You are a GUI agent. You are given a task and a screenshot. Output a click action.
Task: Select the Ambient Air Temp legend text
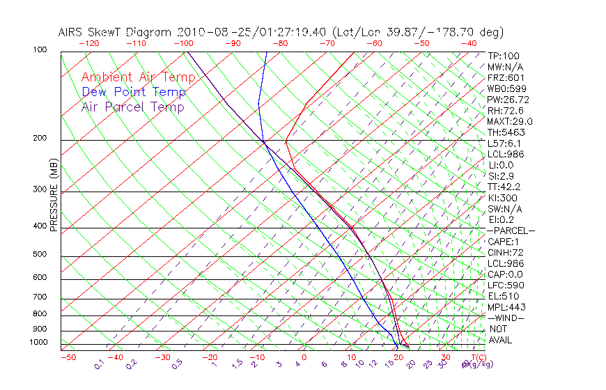click(x=138, y=77)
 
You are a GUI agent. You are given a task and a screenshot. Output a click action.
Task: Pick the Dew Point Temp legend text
click(x=134, y=92)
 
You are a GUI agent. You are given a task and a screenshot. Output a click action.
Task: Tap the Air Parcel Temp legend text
click(x=132, y=107)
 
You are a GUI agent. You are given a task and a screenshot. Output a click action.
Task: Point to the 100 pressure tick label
click(x=40, y=50)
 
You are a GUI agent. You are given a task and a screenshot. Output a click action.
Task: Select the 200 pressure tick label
click(x=40, y=138)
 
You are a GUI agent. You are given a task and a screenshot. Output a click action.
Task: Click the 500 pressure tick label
click(x=40, y=254)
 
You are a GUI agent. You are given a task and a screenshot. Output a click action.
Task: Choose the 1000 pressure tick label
click(x=38, y=342)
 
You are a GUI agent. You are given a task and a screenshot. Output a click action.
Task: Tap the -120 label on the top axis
click(x=88, y=43)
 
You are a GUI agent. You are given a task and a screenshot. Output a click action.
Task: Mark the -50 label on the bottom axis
click(x=68, y=357)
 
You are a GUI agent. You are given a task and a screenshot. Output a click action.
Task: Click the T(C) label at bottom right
click(x=479, y=357)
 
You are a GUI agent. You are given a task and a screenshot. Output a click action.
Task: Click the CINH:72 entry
click(x=505, y=252)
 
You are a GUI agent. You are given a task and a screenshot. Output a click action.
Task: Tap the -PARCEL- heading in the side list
click(x=511, y=231)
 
